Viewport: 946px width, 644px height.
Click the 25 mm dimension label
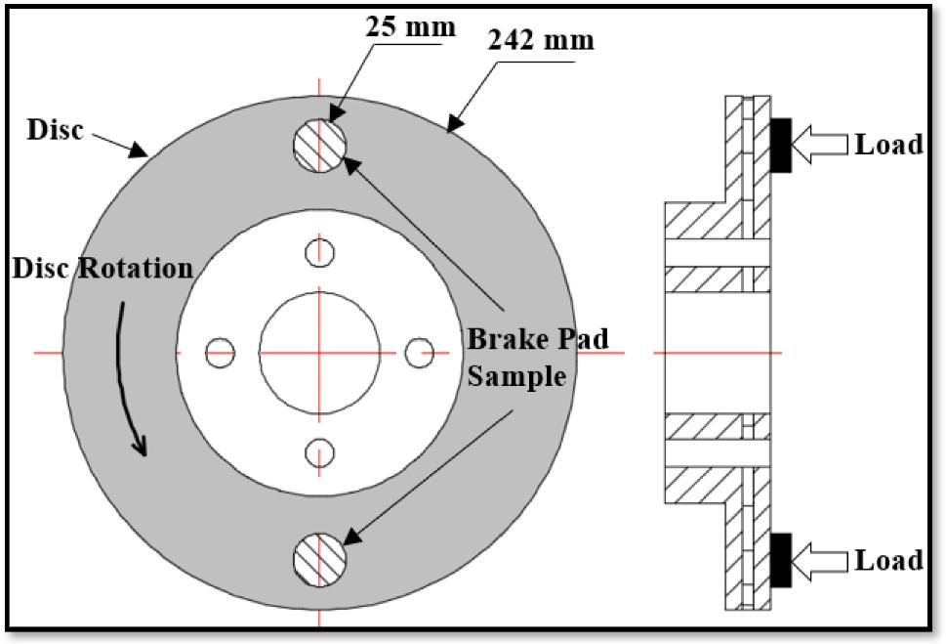[x=411, y=26]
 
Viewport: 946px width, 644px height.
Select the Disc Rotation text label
[x=103, y=269]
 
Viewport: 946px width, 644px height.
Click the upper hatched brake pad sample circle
[x=319, y=147]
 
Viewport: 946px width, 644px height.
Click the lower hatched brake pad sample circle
[x=319, y=559]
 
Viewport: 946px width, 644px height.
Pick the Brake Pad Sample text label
[x=537, y=358]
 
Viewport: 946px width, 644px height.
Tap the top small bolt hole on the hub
[x=319, y=252]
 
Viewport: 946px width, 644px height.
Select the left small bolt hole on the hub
[x=221, y=352]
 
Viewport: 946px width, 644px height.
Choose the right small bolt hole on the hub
[x=420, y=352]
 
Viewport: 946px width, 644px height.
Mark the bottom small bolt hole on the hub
[x=319, y=451]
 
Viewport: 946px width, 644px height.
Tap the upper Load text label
[x=888, y=145]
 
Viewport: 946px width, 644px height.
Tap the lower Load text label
[x=888, y=560]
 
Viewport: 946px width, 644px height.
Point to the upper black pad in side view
[x=781, y=146]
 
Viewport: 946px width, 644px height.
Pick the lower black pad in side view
[x=781, y=560]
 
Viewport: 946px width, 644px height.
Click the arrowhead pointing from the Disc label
[x=142, y=152]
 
